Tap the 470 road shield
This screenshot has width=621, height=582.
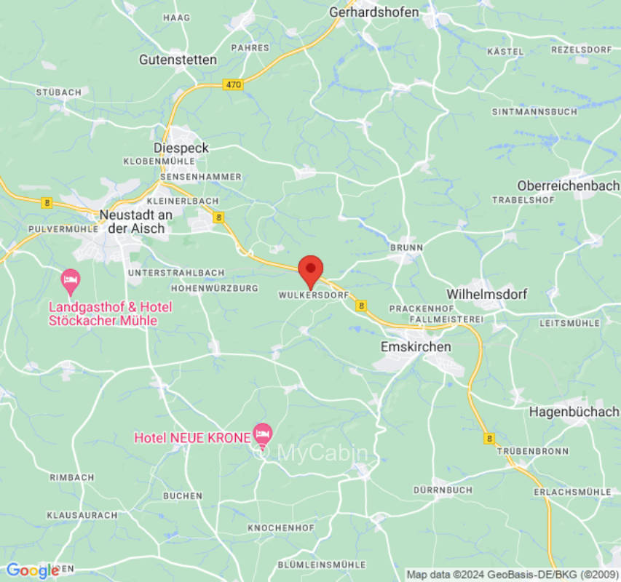coord(232,85)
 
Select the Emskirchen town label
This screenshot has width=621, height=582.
coord(416,347)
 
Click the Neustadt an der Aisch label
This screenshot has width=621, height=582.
coord(136,221)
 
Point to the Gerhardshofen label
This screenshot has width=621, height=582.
coord(374,12)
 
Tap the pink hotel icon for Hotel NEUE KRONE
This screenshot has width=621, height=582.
coord(262,434)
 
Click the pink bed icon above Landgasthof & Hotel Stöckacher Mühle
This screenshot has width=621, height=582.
coord(70,279)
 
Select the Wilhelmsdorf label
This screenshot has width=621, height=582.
coord(486,295)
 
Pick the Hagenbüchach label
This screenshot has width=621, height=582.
coord(574,412)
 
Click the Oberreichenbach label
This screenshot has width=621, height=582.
coord(568,186)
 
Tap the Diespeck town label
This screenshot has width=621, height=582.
coord(181,148)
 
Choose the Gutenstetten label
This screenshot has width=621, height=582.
coord(178,60)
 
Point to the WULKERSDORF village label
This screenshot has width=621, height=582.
coord(313,296)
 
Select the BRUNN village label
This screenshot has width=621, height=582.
coord(406,247)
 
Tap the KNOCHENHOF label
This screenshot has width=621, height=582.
coord(281,527)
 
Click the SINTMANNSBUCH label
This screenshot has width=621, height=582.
coord(534,111)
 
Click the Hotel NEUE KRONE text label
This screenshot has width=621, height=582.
coord(192,438)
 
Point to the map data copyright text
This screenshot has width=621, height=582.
coord(512,575)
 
